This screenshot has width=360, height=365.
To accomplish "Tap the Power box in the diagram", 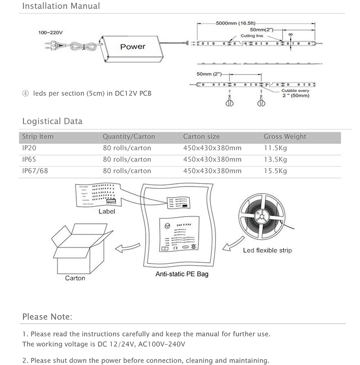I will coord(133,47).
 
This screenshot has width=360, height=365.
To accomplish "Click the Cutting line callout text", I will coord(252,35).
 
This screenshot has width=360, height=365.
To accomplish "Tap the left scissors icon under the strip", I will coord(229,102).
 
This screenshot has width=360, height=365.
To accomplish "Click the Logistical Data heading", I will coord(52,121).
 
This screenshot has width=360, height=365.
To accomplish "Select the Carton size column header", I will coord(201,137).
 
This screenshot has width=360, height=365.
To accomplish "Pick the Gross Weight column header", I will coord(284,137).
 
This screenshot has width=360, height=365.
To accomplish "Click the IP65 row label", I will coord(30,159).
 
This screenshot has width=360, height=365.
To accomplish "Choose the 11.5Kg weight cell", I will coord(275,148).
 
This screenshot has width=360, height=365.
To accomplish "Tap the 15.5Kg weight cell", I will coord(275,171).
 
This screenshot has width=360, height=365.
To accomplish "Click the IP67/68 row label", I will coord(35,171).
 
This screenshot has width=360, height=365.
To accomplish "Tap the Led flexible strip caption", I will coord(267,250).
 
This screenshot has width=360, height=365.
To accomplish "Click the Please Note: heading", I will coord(47,317).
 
